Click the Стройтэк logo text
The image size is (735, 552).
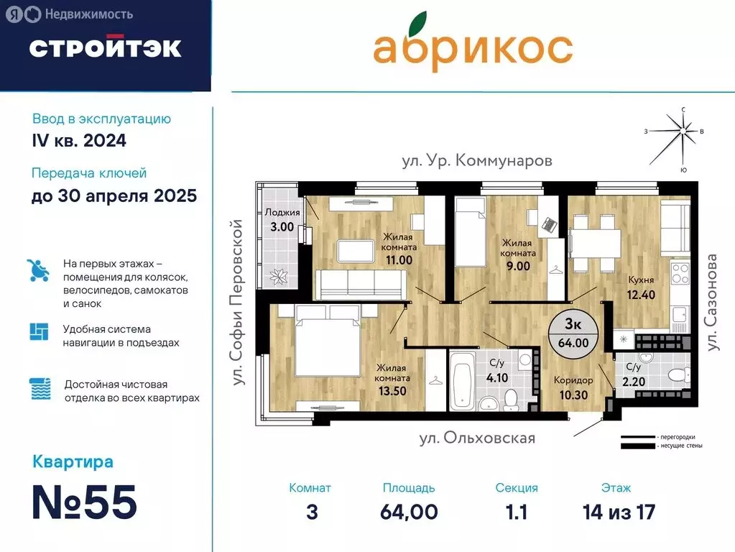[x=105, y=47]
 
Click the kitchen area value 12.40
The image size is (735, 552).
[x=622, y=293]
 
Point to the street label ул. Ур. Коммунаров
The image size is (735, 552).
[x=477, y=160]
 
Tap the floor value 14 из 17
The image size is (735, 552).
[x=619, y=512]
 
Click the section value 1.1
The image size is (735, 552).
[x=516, y=512]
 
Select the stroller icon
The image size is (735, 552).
[x=37, y=270]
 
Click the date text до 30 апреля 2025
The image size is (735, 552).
[x=114, y=196]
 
